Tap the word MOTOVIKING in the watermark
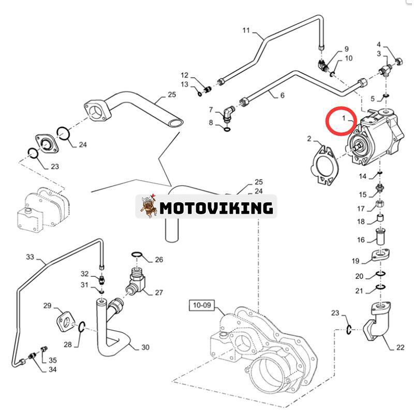coord(216,208)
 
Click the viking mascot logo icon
coord(147,208)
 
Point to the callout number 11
coord(246,30)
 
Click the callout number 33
coord(29,257)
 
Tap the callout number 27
coord(158,292)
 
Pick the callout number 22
coord(400,348)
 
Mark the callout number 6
coord(282,95)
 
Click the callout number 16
coord(361,240)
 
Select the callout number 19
coord(356,260)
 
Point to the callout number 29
coord(47,306)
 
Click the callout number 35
coord(52,360)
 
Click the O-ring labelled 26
coord(137,255)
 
